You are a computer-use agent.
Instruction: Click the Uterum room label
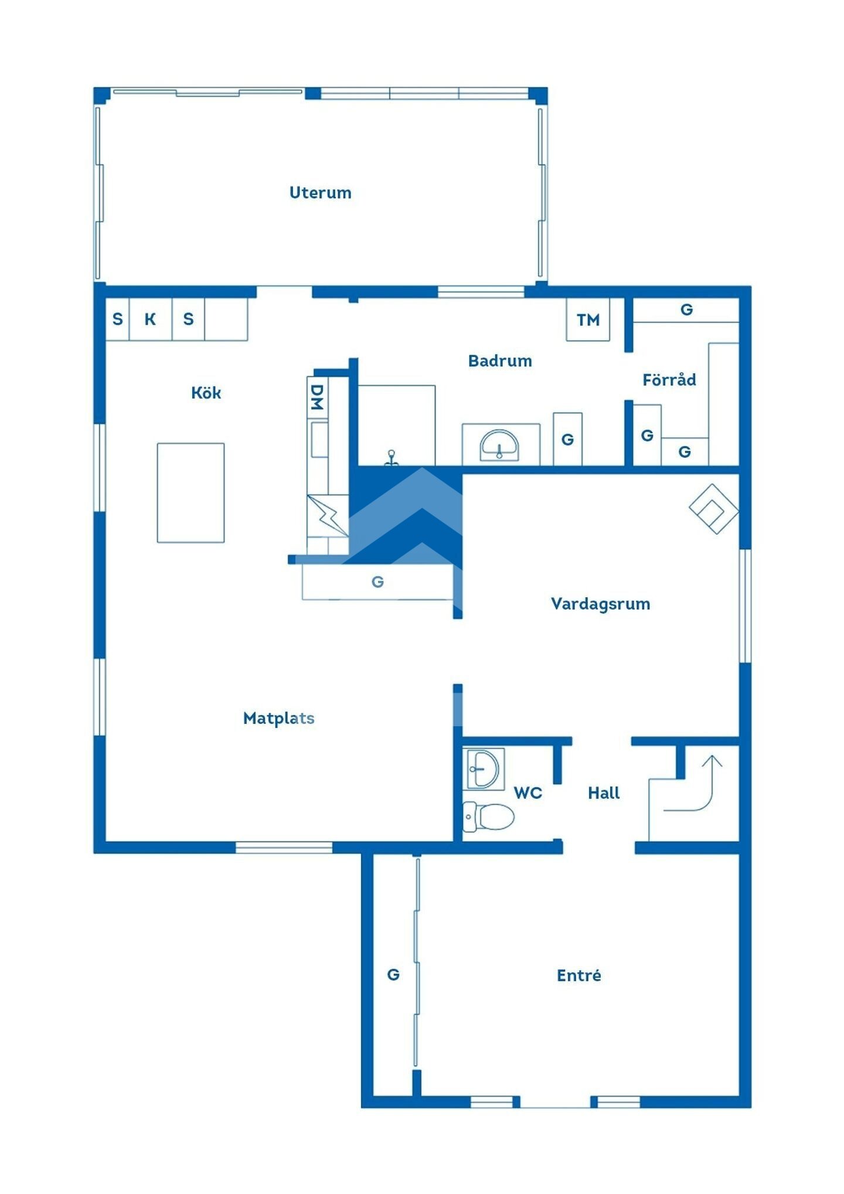click(320, 193)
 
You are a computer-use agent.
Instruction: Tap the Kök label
click(206, 392)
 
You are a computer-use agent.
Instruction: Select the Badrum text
click(500, 360)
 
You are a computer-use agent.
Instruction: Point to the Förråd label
click(669, 379)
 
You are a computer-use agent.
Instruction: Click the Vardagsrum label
click(601, 604)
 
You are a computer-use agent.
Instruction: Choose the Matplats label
click(279, 718)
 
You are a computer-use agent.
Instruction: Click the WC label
click(528, 793)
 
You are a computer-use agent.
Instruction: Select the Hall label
click(604, 793)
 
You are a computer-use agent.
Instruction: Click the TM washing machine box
click(588, 319)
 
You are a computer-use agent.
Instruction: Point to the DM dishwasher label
click(316, 397)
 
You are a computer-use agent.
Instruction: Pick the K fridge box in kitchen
click(151, 319)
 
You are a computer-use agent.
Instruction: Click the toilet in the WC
click(488, 817)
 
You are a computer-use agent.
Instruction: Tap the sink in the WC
click(484, 768)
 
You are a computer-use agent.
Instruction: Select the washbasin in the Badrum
click(499, 445)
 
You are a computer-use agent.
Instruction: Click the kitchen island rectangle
click(190, 492)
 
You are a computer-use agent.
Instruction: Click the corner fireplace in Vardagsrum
click(714, 508)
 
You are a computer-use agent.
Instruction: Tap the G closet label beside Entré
click(393, 974)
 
